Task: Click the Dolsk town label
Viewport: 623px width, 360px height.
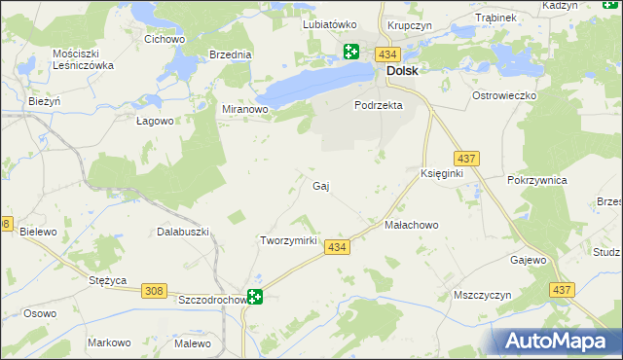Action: [x=403, y=71]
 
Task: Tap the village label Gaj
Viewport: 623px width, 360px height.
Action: [x=319, y=185]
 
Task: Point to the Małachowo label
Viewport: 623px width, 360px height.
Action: [x=412, y=225]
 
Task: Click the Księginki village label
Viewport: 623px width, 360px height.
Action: [x=441, y=172]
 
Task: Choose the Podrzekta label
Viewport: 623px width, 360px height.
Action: [x=379, y=105]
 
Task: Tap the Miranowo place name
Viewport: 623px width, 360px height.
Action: [x=245, y=110]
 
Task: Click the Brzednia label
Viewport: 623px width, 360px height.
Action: [x=231, y=55]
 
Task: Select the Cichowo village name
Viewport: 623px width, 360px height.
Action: [x=165, y=40]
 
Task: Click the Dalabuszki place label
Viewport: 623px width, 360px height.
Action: [x=184, y=232]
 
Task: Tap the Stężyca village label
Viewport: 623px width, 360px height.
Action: [x=108, y=280]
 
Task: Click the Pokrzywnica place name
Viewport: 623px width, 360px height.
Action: [x=537, y=180]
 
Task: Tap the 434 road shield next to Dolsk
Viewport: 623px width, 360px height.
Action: [x=389, y=54]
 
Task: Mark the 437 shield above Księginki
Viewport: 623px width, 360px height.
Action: [x=465, y=157]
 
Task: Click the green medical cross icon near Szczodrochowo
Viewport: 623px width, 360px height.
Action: [x=255, y=298]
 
